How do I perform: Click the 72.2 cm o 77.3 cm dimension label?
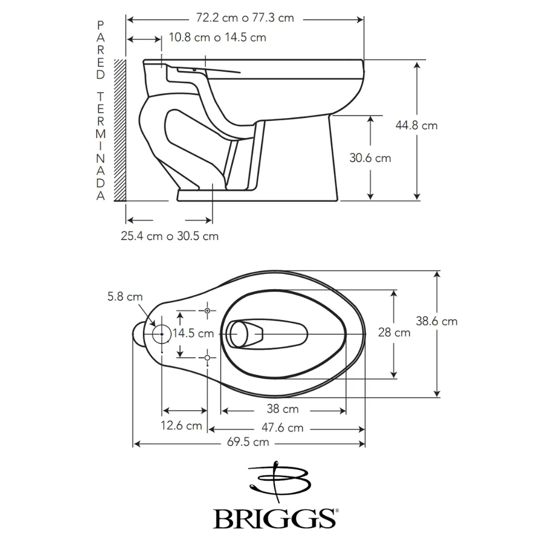pos(245,18)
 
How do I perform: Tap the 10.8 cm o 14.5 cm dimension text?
pos(217,38)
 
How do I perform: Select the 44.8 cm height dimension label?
pos(416,125)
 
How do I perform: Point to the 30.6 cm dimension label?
pos(370,158)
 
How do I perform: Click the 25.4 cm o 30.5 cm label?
pos(169,236)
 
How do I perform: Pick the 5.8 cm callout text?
pos(125,297)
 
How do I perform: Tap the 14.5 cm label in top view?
pos(193,333)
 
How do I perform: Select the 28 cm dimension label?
pos(394,332)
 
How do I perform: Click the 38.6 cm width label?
pos(437,321)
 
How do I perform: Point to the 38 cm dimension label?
pos(283,408)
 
